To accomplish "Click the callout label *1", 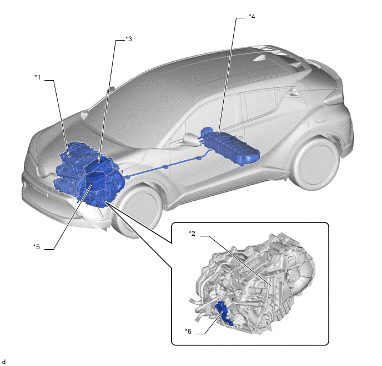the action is [38, 77].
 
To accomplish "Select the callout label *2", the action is [192, 234].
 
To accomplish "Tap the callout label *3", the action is [128, 38].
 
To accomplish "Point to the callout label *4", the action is [252, 16].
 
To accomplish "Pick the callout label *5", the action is [37, 247].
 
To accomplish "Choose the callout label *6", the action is [188, 331].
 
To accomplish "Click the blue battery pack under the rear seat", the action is [230, 146].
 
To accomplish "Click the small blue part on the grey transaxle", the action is [224, 313].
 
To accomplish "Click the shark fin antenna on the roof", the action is [262, 58].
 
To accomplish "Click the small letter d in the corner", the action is [3, 362].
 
